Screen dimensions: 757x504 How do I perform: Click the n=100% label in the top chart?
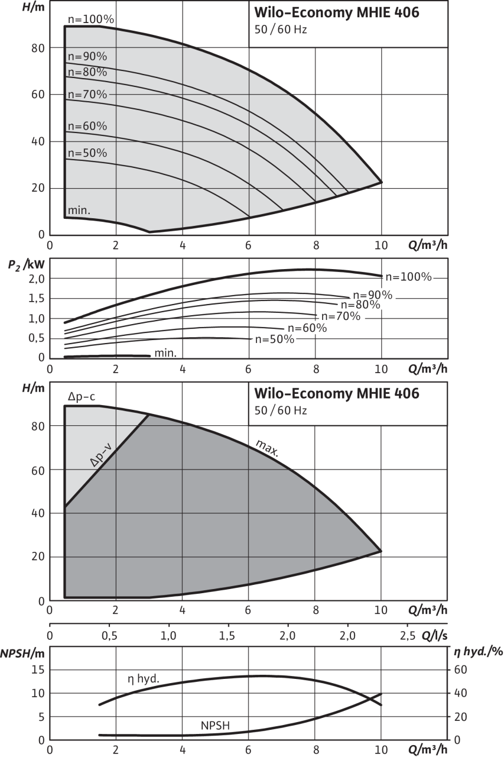tap(90, 19)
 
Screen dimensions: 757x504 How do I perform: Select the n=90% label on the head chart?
tap(87, 57)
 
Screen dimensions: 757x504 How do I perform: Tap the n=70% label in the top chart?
tap(87, 94)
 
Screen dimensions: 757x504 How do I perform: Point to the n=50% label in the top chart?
tap(87, 153)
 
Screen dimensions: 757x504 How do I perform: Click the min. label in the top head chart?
tap(79, 211)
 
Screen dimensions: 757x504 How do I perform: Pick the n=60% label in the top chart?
tap(87, 126)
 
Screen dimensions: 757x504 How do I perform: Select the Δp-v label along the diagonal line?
tap(102, 454)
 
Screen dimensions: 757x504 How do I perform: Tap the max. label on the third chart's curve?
tap(268, 449)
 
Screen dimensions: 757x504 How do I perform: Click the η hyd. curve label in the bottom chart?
tap(144, 679)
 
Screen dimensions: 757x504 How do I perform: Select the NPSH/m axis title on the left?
tap(22, 653)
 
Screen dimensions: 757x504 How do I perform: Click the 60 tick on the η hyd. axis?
tap(460, 669)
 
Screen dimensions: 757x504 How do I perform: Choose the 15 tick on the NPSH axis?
tap(38, 669)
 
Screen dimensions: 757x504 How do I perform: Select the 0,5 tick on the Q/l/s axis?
tap(109, 636)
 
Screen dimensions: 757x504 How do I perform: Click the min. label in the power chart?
tap(165, 354)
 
